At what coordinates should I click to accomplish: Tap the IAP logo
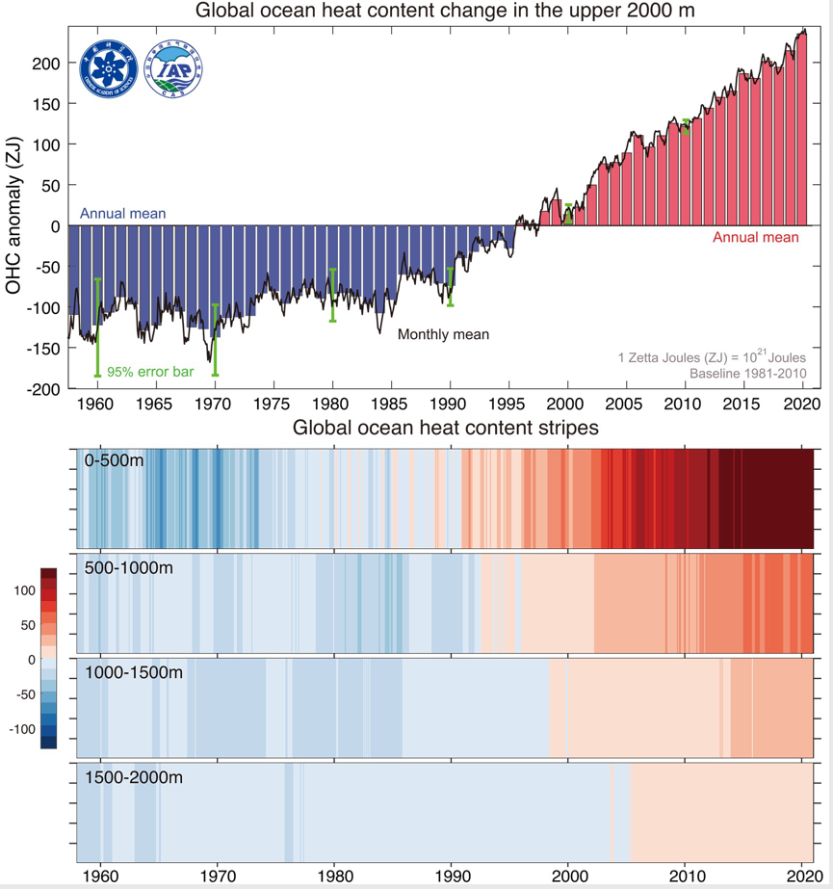(173, 69)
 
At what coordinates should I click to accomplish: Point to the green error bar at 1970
(215, 339)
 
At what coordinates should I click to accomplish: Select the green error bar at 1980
(332, 295)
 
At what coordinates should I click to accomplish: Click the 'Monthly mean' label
(443, 334)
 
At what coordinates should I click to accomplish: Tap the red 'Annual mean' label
(755, 238)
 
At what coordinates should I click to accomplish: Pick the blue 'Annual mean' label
(122, 213)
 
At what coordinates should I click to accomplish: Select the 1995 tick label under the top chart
(508, 404)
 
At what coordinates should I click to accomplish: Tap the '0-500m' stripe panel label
(114, 460)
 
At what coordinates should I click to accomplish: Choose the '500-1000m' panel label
(129, 567)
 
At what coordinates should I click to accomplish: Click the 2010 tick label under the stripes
(686, 877)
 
